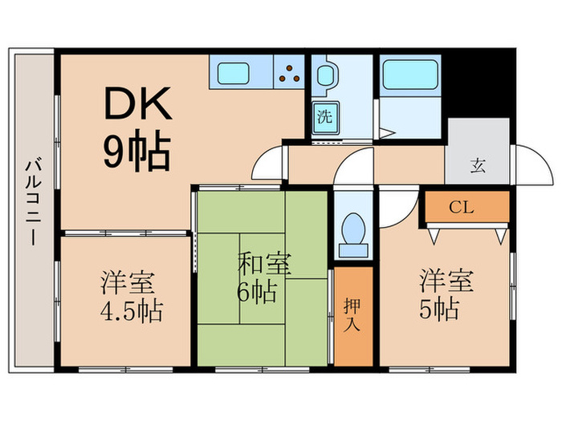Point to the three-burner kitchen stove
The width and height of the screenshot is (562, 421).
click(291, 74)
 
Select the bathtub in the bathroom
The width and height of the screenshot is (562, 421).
click(409, 75)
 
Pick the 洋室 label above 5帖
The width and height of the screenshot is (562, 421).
click(446, 281)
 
